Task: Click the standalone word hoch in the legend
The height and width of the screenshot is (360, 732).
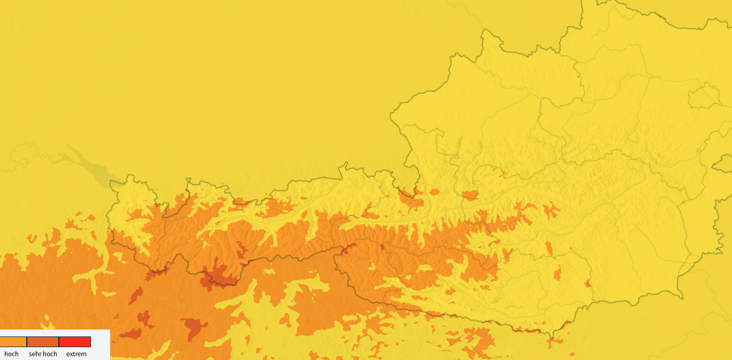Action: point(11,354)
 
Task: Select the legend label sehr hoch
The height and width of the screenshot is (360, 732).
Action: point(43,354)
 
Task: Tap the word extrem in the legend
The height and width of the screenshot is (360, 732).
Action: point(77,354)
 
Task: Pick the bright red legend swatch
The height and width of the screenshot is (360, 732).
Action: point(75,342)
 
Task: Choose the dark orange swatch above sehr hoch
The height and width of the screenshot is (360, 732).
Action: point(43,342)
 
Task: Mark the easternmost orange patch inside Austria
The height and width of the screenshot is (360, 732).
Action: point(588,284)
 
